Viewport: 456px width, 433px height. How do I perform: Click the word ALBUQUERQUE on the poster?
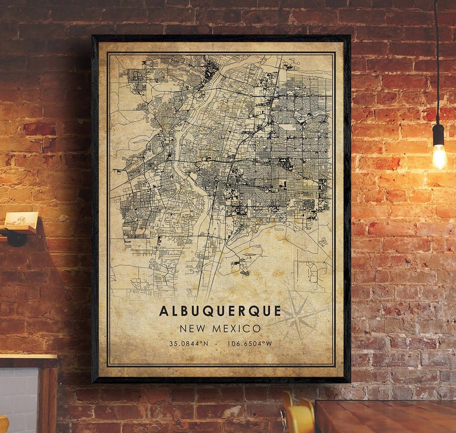(220, 311)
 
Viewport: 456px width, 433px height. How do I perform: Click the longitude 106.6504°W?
(250, 344)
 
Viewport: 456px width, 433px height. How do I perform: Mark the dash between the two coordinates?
(216, 344)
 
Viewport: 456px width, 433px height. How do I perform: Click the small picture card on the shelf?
(22, 219)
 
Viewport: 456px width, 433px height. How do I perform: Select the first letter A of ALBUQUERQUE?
(163, 311)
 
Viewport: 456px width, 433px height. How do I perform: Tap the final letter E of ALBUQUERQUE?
(277, 311)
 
